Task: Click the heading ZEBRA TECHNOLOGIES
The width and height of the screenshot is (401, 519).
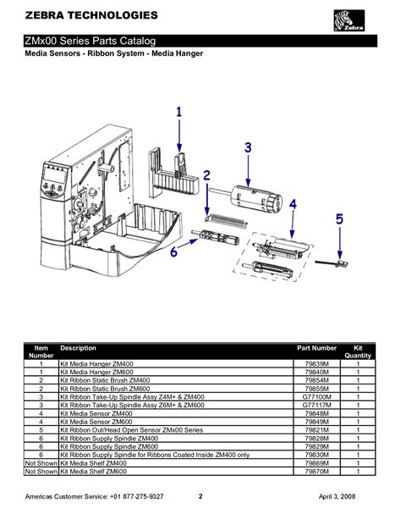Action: (x=80, y=16)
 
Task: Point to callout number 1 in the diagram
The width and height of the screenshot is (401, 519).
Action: (x=179, y=111)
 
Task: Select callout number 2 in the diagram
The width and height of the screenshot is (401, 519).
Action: (x=206, y=175)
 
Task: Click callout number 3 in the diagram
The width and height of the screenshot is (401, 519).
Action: (x=248, y=146)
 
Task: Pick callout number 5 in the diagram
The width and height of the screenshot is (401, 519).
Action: (x=339, y=219)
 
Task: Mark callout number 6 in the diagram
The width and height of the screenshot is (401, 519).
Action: (x=173, y=251)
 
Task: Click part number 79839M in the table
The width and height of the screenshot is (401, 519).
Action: (x=316, y=363)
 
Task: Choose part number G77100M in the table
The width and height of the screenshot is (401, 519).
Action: (x=316, y=396)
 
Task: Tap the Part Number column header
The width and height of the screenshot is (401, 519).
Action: (x=316, y=348)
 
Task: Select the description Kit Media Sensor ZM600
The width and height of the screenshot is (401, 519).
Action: (x=96, y=421)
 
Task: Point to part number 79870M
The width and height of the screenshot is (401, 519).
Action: (x=316, y=470)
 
